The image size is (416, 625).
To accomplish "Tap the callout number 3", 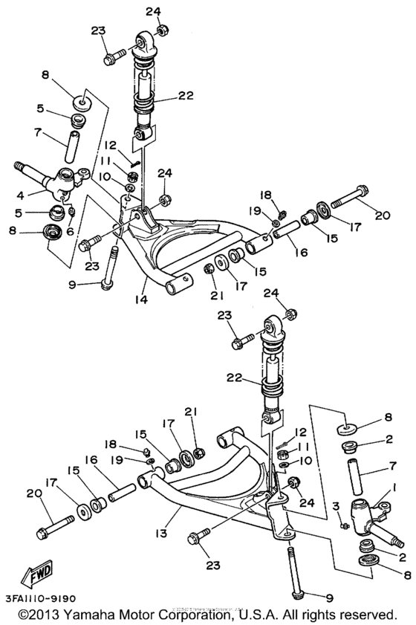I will tap(337, 506).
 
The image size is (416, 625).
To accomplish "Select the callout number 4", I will tap(20, 196).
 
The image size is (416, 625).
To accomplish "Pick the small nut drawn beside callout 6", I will tap(71, 215).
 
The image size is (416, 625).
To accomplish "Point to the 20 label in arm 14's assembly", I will tap(383, 216).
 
